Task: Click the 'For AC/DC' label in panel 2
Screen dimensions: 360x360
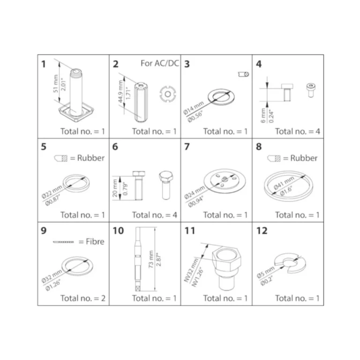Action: [x=160, y=63]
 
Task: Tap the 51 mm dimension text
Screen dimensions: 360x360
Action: [x=56, y=83]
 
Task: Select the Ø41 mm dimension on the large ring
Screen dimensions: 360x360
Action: [x=284, y=183]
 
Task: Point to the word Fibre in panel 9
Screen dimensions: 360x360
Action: [x=95, y=241]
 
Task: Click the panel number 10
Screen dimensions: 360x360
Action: [x=118, y=231]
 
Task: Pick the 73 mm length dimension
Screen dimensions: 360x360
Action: [x=151, y=259]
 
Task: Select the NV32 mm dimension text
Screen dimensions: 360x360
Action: [x=191, y=270]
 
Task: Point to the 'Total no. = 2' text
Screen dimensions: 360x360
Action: [x=83, y=298]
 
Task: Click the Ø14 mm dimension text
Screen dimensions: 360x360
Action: [x=194, y=108]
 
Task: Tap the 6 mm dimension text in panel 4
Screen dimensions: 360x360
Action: [x=263, y=115]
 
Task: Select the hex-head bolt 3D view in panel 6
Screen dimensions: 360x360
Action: [x=166, y=185]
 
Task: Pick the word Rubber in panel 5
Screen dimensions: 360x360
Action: [x=90, y=158]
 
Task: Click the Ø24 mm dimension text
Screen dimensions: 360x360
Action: [x=195, y=192]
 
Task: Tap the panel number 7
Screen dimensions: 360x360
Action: [x=187, y=146]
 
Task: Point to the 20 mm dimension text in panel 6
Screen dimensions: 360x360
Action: [x=115, y=188]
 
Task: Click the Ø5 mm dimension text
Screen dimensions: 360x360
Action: [x=265, y=272]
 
